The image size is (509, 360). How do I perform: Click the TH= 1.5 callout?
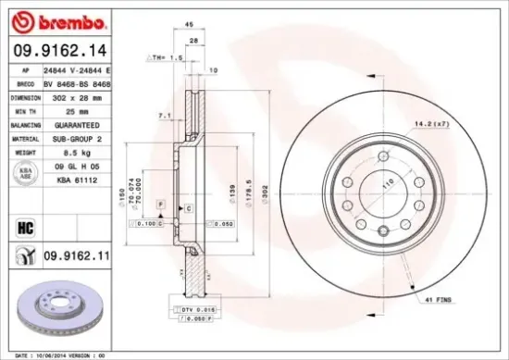pos(165,58)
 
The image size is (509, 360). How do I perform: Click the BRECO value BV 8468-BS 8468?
pos(81,82)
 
